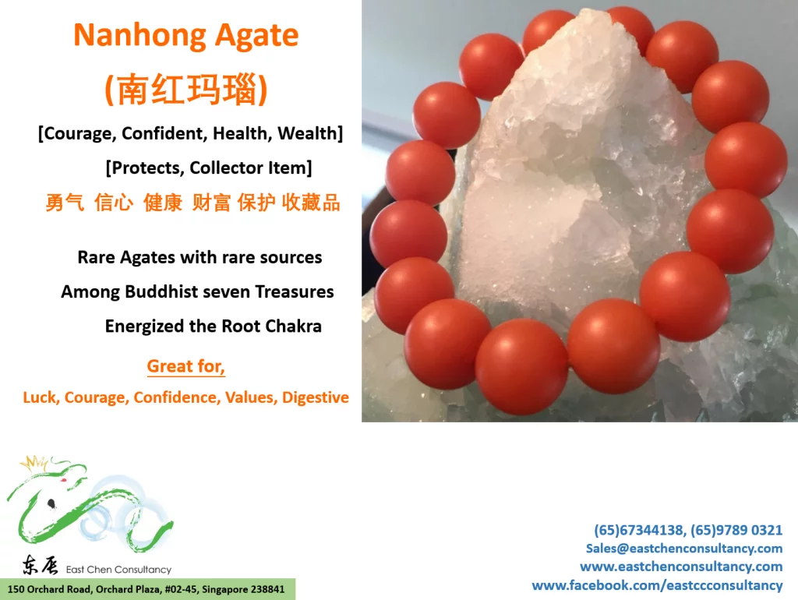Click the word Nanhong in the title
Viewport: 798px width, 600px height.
[139, 35]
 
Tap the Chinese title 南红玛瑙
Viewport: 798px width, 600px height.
[186, 89]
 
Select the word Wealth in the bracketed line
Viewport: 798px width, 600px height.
[308, 133]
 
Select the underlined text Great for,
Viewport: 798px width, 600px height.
[185, 366]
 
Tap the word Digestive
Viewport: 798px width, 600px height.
[316, 397]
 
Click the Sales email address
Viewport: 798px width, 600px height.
[684, 548]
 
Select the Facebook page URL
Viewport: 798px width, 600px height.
[657, 585]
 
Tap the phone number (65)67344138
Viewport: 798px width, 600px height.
[640, 530]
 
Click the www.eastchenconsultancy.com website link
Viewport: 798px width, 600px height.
[681, 566]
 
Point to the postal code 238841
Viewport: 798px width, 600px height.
[268, 589]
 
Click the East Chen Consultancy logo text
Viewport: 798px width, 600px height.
[118, 570]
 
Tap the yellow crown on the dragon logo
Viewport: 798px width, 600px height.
[34, 464]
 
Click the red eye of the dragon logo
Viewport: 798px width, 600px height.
[64, 480]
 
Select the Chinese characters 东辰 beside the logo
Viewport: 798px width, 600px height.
[40, 565]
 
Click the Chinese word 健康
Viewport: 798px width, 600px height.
[163, 203]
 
